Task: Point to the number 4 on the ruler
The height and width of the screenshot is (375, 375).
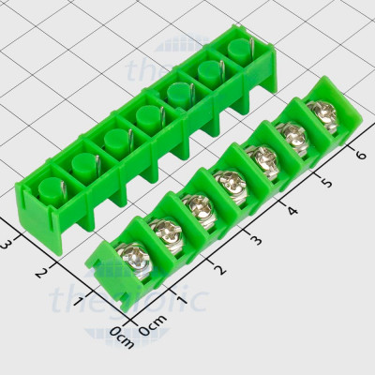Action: (x=292, y=209)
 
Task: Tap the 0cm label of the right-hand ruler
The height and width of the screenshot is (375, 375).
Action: (x=151, y=330)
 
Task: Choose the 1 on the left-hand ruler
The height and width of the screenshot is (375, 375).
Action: (x=81, y=302)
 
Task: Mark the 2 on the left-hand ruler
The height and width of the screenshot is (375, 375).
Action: (x=40, y=272)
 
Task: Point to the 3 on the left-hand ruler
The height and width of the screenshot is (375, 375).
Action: (x=7, y=243)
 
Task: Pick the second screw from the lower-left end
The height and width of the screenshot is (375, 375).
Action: (x=163, y=230)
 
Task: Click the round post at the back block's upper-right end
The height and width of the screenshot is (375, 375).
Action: (x=234, y=47)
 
